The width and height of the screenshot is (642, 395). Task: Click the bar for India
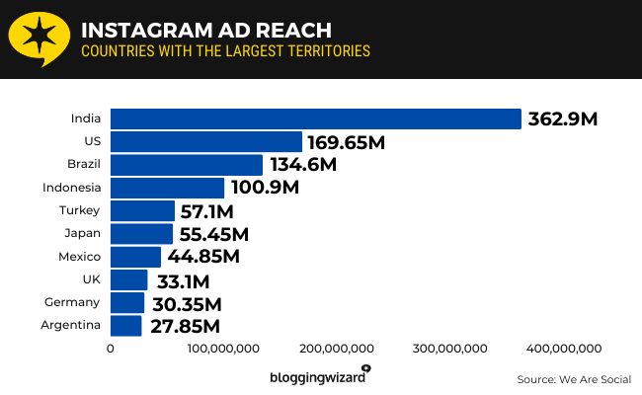coord(315,118)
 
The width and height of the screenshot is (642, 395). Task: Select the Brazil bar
coord(187,165)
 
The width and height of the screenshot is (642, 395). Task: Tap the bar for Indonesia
coord(167,188)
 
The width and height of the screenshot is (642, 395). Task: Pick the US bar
coord(205,142)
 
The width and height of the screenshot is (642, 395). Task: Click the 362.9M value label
coord(563,119)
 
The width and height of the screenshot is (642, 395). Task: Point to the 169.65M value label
coord(345,143)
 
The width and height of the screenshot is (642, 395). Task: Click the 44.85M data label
coord(201,257)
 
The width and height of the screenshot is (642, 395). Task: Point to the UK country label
coord(92,279)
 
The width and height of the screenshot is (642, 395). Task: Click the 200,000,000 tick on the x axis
coord(335,348)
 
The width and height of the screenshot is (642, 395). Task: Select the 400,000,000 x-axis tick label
coord(562,348)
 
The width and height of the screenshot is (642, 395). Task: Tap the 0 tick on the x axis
coord(110,348)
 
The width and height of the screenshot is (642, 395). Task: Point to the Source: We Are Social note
coord(573,379)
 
